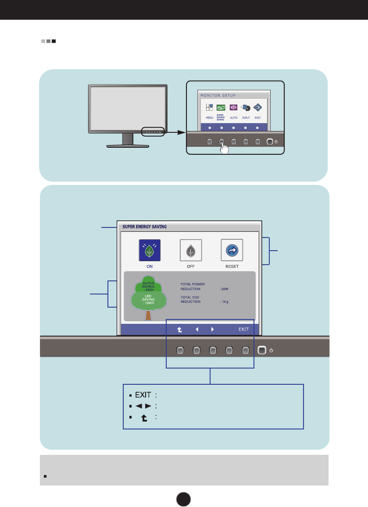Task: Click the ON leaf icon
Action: point(150,250)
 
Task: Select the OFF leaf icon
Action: point(191,250)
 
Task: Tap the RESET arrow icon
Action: point(232,250)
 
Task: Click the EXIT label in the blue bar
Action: point(243,329)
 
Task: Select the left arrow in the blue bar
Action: point(197,329)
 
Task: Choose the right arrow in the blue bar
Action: point(212,329)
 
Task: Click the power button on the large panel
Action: point(262,350)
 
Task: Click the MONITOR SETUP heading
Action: point(218,96)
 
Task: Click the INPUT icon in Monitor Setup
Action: point(246,108)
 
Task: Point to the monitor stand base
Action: point(128,145)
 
